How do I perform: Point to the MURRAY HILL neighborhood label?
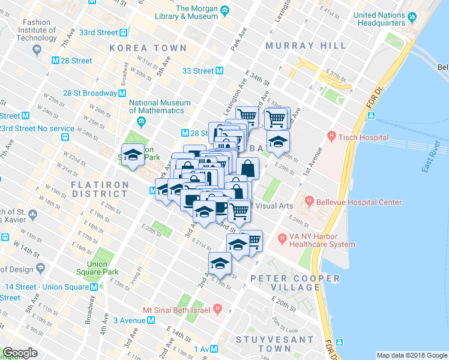tap(306, 46)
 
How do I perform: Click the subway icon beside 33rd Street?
tap(123, 34)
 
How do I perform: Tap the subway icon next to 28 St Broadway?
tap(122, 93)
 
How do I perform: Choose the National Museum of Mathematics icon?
tap(141, 123)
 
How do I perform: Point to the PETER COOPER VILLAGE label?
tap(295, 283)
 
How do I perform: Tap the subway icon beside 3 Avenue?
tap(151, 320)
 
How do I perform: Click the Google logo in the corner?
tap(20, 353)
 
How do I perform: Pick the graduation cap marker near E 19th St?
tap(220, 263)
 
